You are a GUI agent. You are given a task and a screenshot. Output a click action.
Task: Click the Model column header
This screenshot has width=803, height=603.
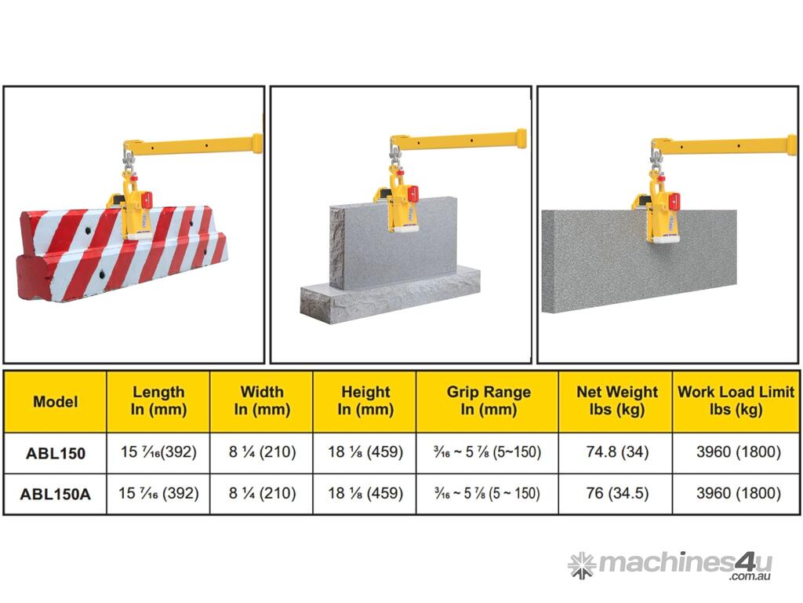click(x=56, y=401)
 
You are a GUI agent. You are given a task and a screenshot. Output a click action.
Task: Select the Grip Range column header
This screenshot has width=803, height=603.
click(x=489, y=400)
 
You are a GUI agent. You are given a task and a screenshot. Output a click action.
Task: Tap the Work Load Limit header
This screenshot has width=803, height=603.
click(x=736, y=400)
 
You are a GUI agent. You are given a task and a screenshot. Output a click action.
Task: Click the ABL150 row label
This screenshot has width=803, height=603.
click(x=56, y=453)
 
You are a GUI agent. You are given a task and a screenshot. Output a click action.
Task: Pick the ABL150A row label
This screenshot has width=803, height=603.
click(x=56, y=495)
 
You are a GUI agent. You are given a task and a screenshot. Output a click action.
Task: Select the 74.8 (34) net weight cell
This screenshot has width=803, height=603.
click(x=617, y=452)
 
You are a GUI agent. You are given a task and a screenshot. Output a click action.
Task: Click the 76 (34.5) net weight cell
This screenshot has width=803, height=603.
click(x=617, y=493)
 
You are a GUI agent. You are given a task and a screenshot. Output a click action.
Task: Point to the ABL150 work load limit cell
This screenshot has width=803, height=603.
click(x=738, y=452)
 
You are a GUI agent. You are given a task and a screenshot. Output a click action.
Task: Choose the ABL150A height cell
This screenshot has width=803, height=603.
click(x=365, y=493)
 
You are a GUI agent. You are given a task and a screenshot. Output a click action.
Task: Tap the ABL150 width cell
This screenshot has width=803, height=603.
click(x=262, y=452)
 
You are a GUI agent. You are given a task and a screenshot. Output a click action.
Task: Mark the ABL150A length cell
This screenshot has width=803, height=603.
click(x=158, y=493)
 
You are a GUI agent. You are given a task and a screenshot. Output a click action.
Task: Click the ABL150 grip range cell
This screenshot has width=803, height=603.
click(x=487, y=452)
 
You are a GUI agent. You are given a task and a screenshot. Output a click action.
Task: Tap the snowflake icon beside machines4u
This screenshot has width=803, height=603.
click(x=581, y=565)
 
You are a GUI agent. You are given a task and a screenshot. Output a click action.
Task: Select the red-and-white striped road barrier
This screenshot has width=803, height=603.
click(x=122, y=252)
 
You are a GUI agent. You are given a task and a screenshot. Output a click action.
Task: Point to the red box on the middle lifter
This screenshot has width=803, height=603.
click(x=412, y=193)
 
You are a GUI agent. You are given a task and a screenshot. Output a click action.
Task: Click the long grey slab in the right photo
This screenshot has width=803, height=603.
click(x=639, y=261)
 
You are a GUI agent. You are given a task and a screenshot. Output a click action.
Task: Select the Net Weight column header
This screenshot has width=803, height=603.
click(x=617, y=400)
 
